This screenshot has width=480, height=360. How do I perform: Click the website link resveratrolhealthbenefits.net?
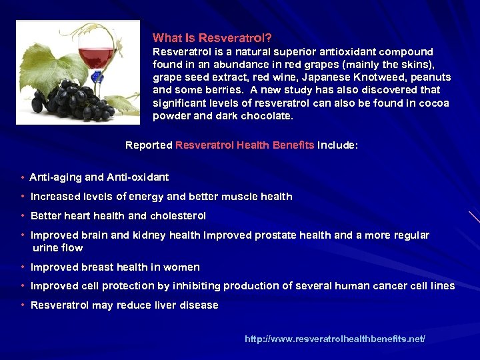(x=335, y=339)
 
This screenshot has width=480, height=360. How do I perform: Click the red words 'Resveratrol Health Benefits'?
(x=245, y=145)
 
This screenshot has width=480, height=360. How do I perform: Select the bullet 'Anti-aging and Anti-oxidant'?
(x=99, y=177)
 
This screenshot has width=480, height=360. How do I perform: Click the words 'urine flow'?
(x=58, y=248)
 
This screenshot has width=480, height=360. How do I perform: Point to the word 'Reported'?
(x=149, y=145)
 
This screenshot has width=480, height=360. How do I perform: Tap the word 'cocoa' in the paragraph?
(x=435, y=103)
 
